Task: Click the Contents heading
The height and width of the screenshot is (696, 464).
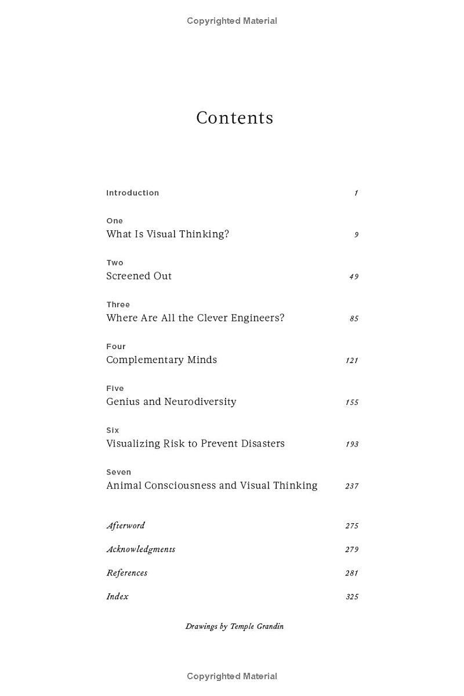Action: (x=234, y=118)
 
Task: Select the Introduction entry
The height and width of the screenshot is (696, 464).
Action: (x=132, y=193)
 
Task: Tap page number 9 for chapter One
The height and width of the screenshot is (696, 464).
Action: (x=356, y=235)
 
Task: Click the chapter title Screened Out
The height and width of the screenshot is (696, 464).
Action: (x=139, y=276)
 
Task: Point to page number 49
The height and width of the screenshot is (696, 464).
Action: (x=353, y=277)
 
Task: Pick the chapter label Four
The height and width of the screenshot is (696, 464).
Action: (x=115, y=346)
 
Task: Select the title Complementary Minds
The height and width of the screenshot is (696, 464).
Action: (x=161, y=360)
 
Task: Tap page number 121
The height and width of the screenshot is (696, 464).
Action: (x=351, y=360)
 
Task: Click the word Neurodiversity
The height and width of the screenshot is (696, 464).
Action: (x=200, y=401)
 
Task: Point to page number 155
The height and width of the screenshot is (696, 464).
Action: (x=351, y=402)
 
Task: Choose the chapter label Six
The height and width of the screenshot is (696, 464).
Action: (x=113, y=430)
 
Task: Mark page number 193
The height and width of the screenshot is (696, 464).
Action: (x=351, y=444)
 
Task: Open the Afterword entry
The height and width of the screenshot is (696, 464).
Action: (x=125, y=525)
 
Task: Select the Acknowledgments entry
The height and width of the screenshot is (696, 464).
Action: (x=140, y=549)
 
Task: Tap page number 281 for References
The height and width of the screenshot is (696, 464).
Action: (x=351, y=573)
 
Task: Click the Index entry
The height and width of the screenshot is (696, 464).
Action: (x=117, y=596)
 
